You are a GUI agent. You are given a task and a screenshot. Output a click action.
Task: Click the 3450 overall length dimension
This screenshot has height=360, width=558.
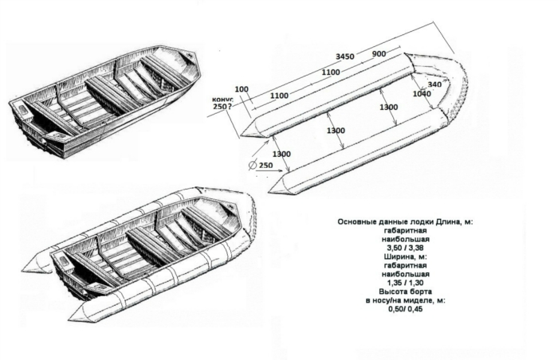pyautogui.click(x=345, y=57)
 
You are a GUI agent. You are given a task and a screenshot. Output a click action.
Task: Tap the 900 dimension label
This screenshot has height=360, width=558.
pyautogui.click(x=379, y=53)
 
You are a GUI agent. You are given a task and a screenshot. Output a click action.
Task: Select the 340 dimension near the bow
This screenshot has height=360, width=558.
pyautogui.click(x=434, y=84)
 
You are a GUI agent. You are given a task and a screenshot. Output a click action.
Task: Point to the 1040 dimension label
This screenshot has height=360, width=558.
pyautogui.click(x=422, y=94)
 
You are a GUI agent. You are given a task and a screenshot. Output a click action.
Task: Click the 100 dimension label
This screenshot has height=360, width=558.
pyautogui.click(x=242, y=89)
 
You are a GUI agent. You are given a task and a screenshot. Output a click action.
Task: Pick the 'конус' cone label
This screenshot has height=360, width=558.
pyautogui.click(x=222, y=100)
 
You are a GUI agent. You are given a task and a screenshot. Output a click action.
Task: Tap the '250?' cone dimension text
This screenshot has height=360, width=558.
pyautogui.click(x=222, y=107)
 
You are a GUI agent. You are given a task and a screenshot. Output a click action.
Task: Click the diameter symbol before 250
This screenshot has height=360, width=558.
pyautogui.click(x=253, y=166)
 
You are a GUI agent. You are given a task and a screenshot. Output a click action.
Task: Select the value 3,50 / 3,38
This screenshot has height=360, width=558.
pyautogui.click(x=405, y=248)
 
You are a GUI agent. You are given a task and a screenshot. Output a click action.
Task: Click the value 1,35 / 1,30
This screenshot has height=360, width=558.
pyautogui.click(x=405, y=283)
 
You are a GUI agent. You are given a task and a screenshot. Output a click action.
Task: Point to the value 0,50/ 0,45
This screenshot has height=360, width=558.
pyautogui.click(x=405, y=309)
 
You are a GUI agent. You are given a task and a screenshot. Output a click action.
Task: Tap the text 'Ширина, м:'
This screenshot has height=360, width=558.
pyautogui.click(x=405, y=256)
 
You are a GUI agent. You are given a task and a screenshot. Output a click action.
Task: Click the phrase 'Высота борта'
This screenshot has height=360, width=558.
pyautogui.click(x=405, y=292)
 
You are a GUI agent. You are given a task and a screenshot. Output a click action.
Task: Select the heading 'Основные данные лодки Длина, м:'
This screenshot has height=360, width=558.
pyautogui.click(x=405, y=222)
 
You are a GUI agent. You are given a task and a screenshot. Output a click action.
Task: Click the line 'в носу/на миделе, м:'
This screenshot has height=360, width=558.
pyautogui.click(x=405, y=300)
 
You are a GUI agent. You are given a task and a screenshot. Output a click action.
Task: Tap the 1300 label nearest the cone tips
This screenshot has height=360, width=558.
pyautogui.click(x=281, y=154)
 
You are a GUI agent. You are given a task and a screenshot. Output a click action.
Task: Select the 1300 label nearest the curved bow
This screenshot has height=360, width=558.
pyautogui.click(x=389, y=107)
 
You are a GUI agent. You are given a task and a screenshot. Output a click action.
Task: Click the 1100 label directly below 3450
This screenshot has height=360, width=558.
pyautogui.click(x=331, y=72)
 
